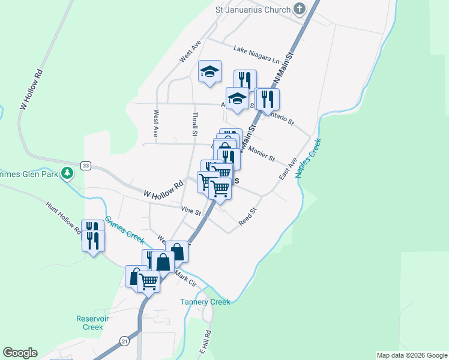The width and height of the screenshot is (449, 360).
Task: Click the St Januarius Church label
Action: click(x=253, y=10)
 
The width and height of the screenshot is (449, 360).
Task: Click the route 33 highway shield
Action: click(x=86, y=166)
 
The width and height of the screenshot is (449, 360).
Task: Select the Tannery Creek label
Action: click(x=205, y=302)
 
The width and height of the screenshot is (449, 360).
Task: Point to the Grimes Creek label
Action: click(x=124, y=229)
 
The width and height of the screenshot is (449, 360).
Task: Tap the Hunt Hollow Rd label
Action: click(x=64, y=217)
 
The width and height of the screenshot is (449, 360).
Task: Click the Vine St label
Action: click(x=190, y=210)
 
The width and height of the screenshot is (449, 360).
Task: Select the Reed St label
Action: click(x=247, y=217)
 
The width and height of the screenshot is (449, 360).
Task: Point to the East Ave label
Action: click(x=288, y=169)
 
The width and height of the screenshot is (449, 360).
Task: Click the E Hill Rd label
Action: click(x=206, y=341)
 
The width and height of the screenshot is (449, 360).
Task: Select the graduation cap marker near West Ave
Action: click(x=209, y=72)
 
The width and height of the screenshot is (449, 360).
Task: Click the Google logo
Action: click(x=20, y=353)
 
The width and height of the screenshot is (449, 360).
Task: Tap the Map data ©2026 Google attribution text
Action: click(x=412, y=355)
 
